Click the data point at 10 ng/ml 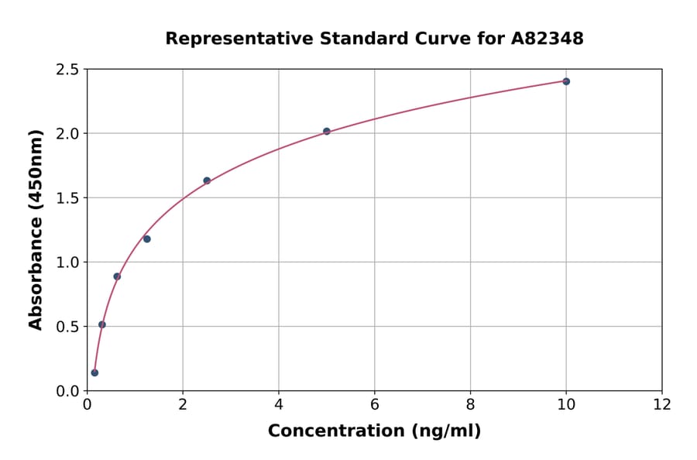coord(566,81)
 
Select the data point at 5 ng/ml coord(327,132)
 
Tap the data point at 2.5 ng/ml coord(207,180)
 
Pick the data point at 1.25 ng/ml coord(147,239)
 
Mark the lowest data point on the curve coord(94,372)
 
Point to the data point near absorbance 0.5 coord(102,324)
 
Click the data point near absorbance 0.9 coord(117,276)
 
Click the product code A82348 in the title coord(548,38)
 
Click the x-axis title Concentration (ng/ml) coord(375,431)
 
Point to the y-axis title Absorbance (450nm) coord(36,229)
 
